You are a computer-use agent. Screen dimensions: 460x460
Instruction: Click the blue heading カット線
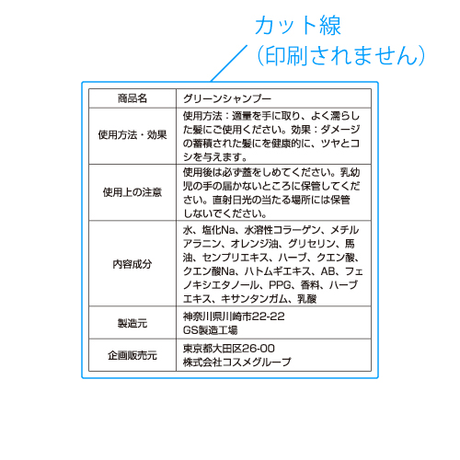pyautogui.click(x=298, y=25)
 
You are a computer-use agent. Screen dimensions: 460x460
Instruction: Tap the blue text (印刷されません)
pyautogui.click(x=340, y=55)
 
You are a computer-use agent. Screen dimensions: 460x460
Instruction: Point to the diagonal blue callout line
pyautogui.click(x=229, y=63)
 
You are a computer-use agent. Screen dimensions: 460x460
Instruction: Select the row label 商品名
pyautogui.click(x=132, y=98)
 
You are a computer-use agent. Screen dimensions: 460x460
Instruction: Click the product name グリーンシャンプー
pyautogui.click(x=227, y=98)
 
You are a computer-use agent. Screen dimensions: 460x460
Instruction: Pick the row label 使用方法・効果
pyautogui.click(x=132, y=134)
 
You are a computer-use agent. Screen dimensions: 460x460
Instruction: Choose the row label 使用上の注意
pyautogui.click(x=132, y=192)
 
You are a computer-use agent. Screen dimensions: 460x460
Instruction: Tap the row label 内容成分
pyautogui.click(x=132, y=264)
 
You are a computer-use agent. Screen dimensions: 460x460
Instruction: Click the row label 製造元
pyautogui.click(x=132, y=323)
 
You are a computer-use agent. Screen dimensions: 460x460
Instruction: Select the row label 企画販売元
pyautogui.click(x=132, y=355)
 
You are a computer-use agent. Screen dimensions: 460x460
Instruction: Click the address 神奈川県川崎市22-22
pyautogui.click(x=234, y=316)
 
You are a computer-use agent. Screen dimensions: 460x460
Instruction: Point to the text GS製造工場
pyautogui.click(x=211, y=330)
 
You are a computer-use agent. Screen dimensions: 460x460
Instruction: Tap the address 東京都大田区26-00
pyautogui.click(x=229, y=349)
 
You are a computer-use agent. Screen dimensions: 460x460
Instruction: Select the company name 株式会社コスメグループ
pyautogui.click(x=237, y=362)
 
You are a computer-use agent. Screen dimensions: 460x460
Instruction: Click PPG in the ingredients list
pyautogui.click(x=280, y=285)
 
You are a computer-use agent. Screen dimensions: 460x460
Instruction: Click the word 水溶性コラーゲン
pyautogui.click(x=282, y=230)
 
